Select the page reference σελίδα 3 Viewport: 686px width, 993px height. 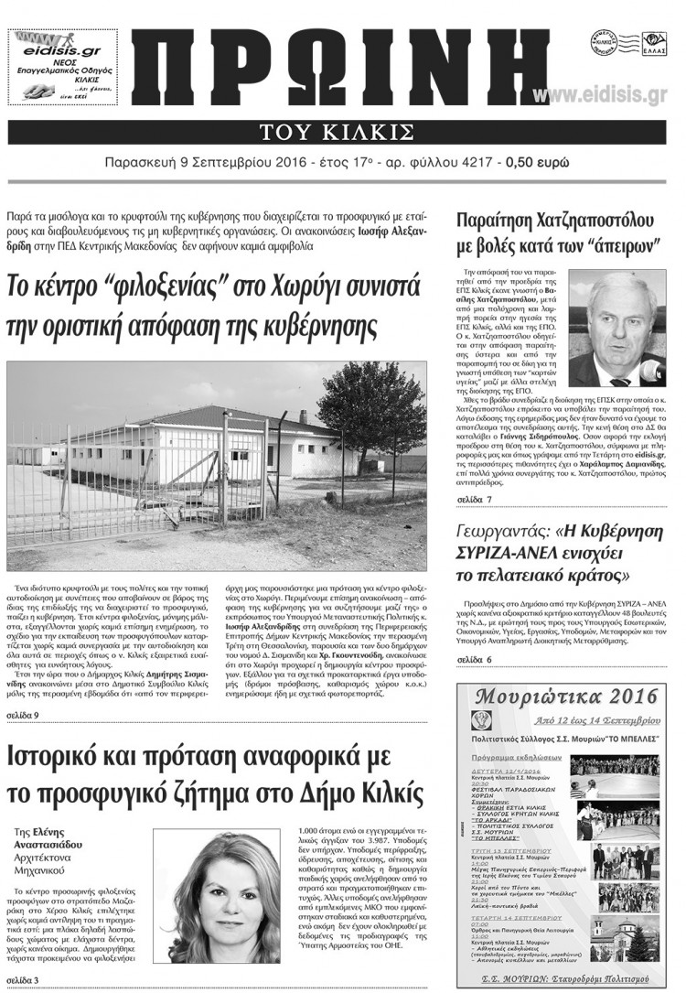(22, 981)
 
